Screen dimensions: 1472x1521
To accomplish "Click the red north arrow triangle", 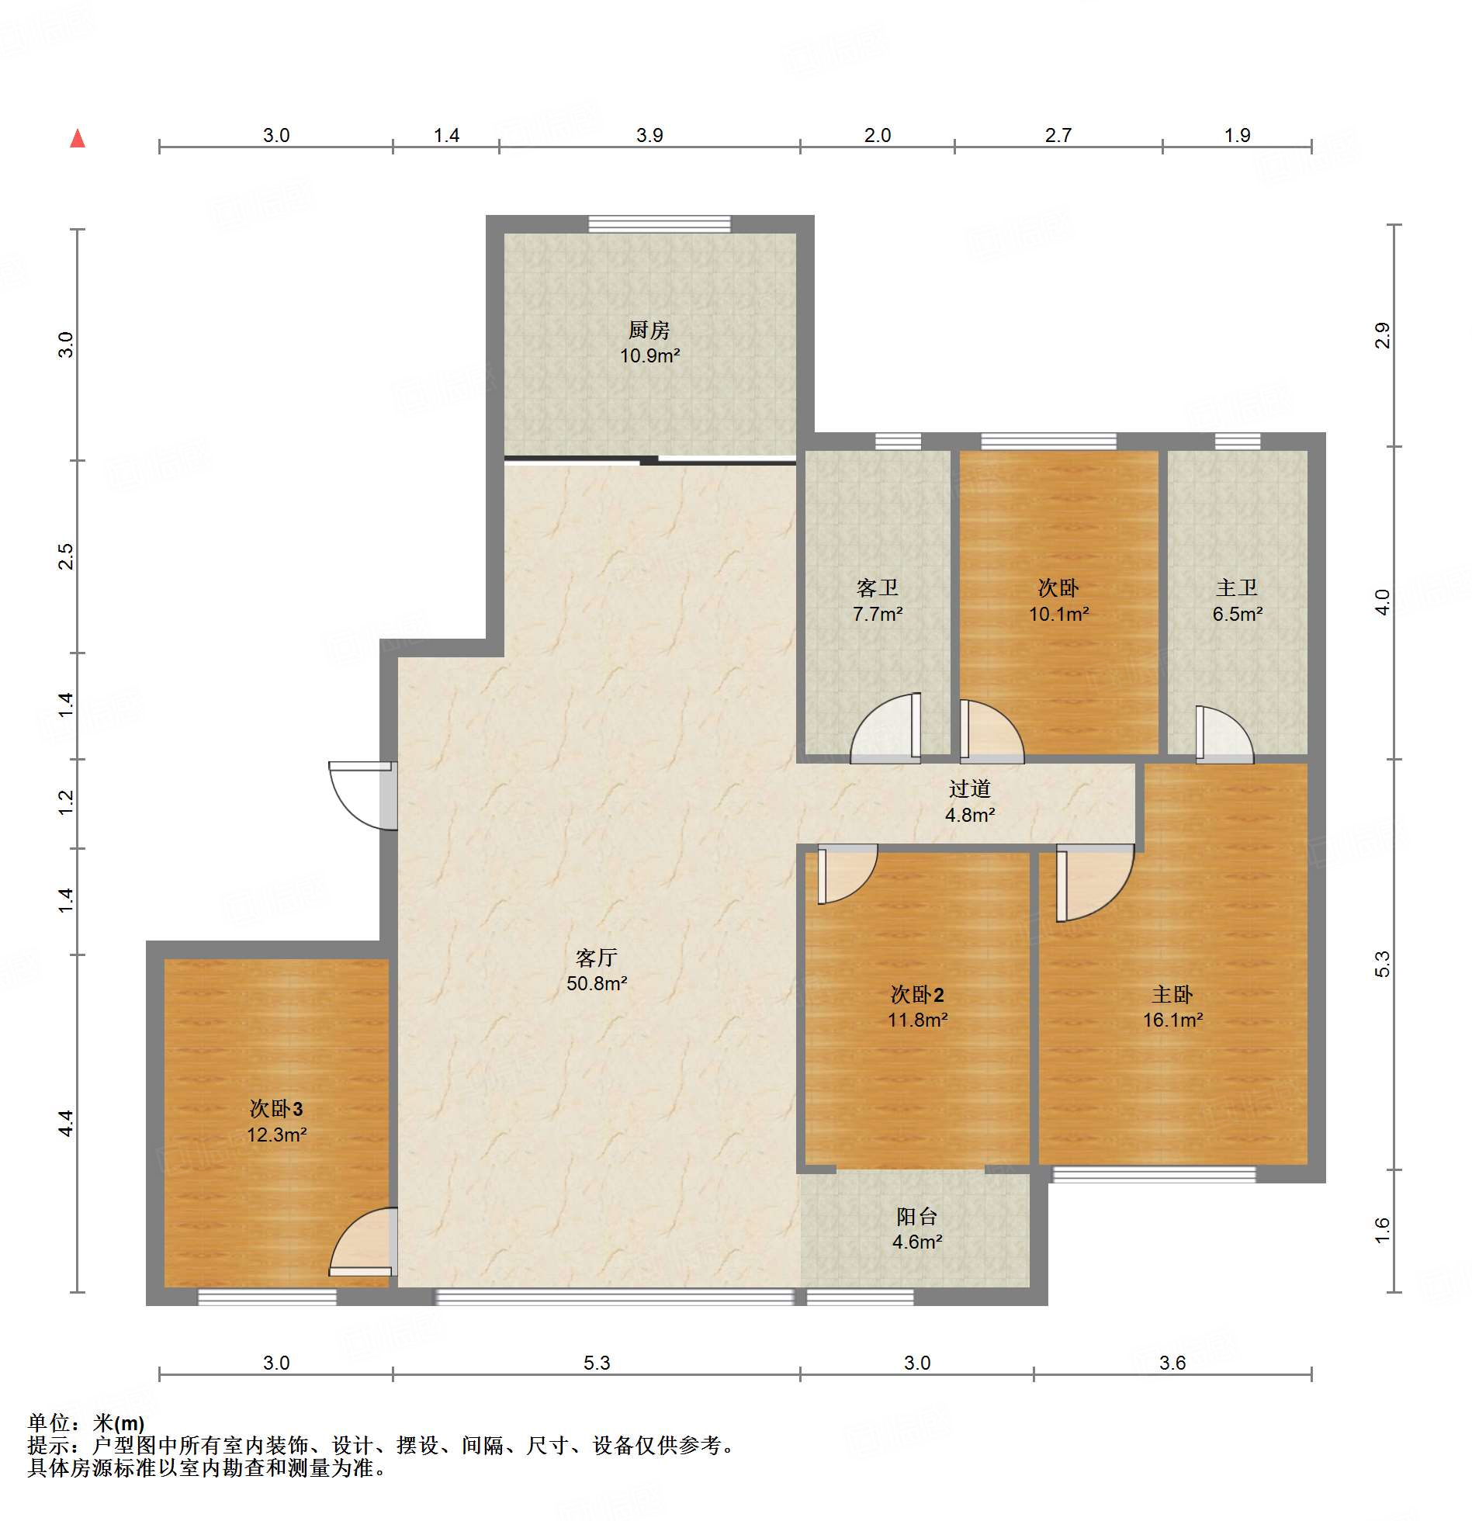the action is tap(78, 138).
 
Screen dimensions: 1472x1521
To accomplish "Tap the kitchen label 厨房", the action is tap(649, 330).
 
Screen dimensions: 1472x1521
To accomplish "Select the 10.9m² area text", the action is tap(649, 356).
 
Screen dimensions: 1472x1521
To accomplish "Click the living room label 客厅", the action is tap(597, 957).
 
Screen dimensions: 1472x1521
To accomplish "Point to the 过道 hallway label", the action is tap(970, 788).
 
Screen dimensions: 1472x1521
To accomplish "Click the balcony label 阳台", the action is tap(917, 1216).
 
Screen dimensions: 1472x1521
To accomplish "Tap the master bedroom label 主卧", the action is tap(1172, 994).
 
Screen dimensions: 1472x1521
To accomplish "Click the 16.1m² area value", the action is tap(1172, 1020).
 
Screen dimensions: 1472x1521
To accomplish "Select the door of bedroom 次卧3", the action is tap(363, 1242).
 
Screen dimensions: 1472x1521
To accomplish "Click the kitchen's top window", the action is tap(660, 224).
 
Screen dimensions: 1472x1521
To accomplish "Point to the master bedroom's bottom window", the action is tap(1154, 1174).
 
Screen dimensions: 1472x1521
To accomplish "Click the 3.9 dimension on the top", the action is tap(649, 135).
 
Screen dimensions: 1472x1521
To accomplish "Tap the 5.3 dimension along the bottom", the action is tap(597, 1363).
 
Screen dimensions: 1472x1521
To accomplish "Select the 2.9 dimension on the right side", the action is tap(1383, 335).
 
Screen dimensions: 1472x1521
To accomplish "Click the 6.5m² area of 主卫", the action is tap(1238, 614).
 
